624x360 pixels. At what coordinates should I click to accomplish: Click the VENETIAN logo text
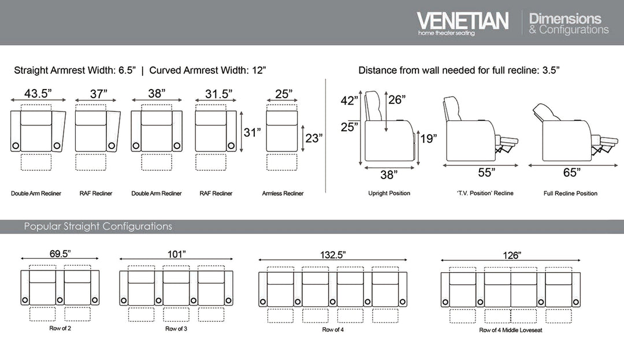point(462,21)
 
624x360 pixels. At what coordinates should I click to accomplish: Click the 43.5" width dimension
point(39,93)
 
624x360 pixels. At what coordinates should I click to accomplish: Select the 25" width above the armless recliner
point(283,93)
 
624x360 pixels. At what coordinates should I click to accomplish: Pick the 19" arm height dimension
point(428,138)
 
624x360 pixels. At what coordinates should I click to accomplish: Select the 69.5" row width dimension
point(60,254)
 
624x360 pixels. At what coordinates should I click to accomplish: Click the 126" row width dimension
point(511,254)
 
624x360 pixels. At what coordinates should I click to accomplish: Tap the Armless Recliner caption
point(283,194)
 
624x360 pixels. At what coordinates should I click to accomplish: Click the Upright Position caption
point(389,194)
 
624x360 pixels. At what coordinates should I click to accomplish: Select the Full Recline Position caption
point(570,194)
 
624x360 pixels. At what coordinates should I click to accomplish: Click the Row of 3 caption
point(176,329)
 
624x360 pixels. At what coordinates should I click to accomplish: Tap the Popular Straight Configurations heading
point(98,227)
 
